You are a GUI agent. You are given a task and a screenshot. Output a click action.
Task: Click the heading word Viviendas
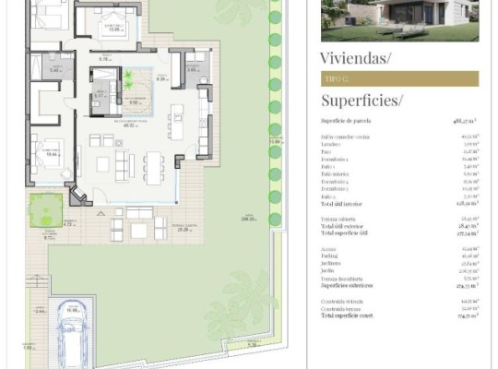[x=355, y=58]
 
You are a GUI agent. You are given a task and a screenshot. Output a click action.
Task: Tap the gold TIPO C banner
[x=399, y=79]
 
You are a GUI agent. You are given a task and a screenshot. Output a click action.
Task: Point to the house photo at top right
[x=399, y=20]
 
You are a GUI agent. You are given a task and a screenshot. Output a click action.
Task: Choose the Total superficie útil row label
[x=345, y=234]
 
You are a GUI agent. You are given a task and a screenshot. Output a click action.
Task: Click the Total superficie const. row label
[x=350, y=315]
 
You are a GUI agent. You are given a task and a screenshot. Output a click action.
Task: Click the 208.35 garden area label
[x=247, y=219]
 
